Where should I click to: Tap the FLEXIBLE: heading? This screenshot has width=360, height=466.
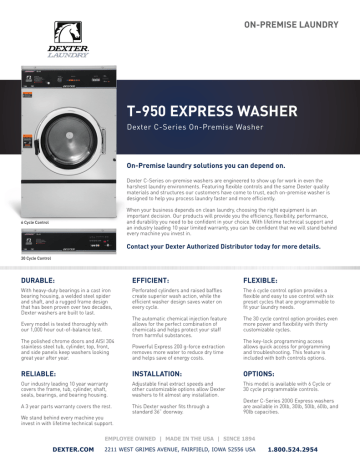click(266, 282)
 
